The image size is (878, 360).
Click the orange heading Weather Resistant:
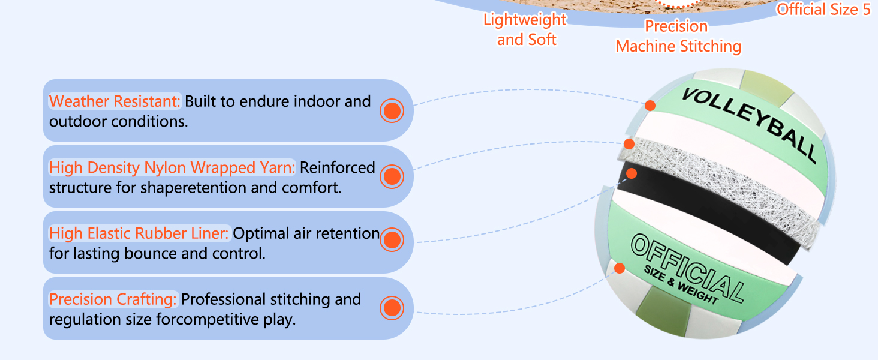tap(115, 101)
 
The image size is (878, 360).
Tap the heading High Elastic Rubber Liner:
tap(139, 233)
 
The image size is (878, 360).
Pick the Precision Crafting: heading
tap(113, 299)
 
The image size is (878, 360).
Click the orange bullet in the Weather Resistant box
tap(392, 110)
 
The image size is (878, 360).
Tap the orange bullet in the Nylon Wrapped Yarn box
tap(392, 176)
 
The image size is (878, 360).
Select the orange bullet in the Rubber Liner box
tap(392, 240)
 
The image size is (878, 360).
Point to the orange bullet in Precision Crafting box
tap(392, 308)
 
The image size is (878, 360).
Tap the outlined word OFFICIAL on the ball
tap(687, 268)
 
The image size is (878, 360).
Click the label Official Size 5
tap(823, 10)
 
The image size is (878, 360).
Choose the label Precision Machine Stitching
tap(678, 36)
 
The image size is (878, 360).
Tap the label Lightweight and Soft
tap(525, 29)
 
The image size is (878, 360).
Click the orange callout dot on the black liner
tap(631, 173)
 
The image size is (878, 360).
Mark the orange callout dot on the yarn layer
tap(629, 144)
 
